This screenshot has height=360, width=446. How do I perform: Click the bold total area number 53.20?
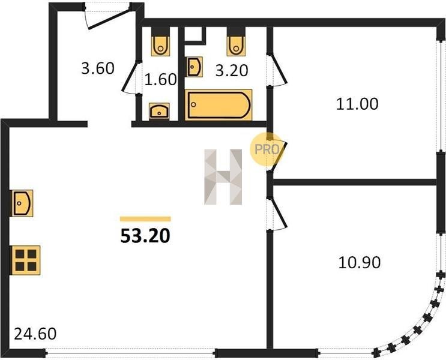pos(145,236)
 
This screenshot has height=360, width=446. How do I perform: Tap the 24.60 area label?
pos(35,334)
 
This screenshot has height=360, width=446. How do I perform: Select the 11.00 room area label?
pos(357,104)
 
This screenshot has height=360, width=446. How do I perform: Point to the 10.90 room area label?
pos(360,262)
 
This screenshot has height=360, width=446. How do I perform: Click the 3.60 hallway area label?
pos(98,68)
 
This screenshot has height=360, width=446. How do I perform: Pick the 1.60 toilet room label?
pos(161,79)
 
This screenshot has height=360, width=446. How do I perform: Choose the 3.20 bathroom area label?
pos(232,70)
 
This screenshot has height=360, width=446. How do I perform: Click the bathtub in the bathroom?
pos(218,104)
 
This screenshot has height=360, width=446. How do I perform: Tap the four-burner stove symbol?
pos(26,260)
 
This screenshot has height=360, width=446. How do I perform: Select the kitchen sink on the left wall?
pos(22,203)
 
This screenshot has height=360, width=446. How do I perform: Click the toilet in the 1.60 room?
pos(160,46)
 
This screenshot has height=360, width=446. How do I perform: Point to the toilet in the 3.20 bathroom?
pos(236,46)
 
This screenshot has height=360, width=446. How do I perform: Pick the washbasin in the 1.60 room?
pos(159,111)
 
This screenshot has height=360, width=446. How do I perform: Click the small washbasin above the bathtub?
pos(194,67)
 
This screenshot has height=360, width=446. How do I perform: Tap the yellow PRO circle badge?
pos(267,149)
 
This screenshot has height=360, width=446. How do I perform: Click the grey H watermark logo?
pos(223,177)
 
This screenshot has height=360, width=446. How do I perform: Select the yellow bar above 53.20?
pos(145,218)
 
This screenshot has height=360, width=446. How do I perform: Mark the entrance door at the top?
pos(107,16)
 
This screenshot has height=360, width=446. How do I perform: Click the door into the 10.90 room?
pos(277,213)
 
